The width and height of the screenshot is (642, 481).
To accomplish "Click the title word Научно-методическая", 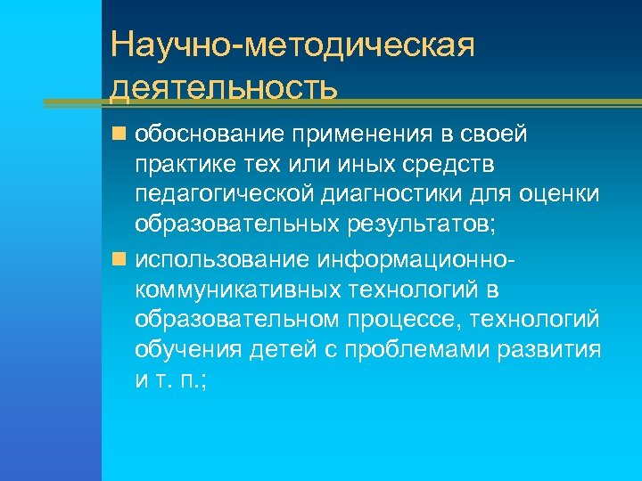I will (292, 45).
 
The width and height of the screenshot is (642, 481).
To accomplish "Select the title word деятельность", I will (225, 88).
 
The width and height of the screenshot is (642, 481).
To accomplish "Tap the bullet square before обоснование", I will (119, 135).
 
